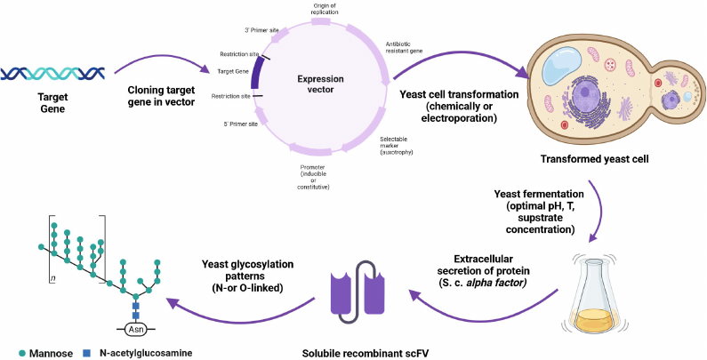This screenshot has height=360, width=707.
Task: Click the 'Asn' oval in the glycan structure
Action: [137, 328]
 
